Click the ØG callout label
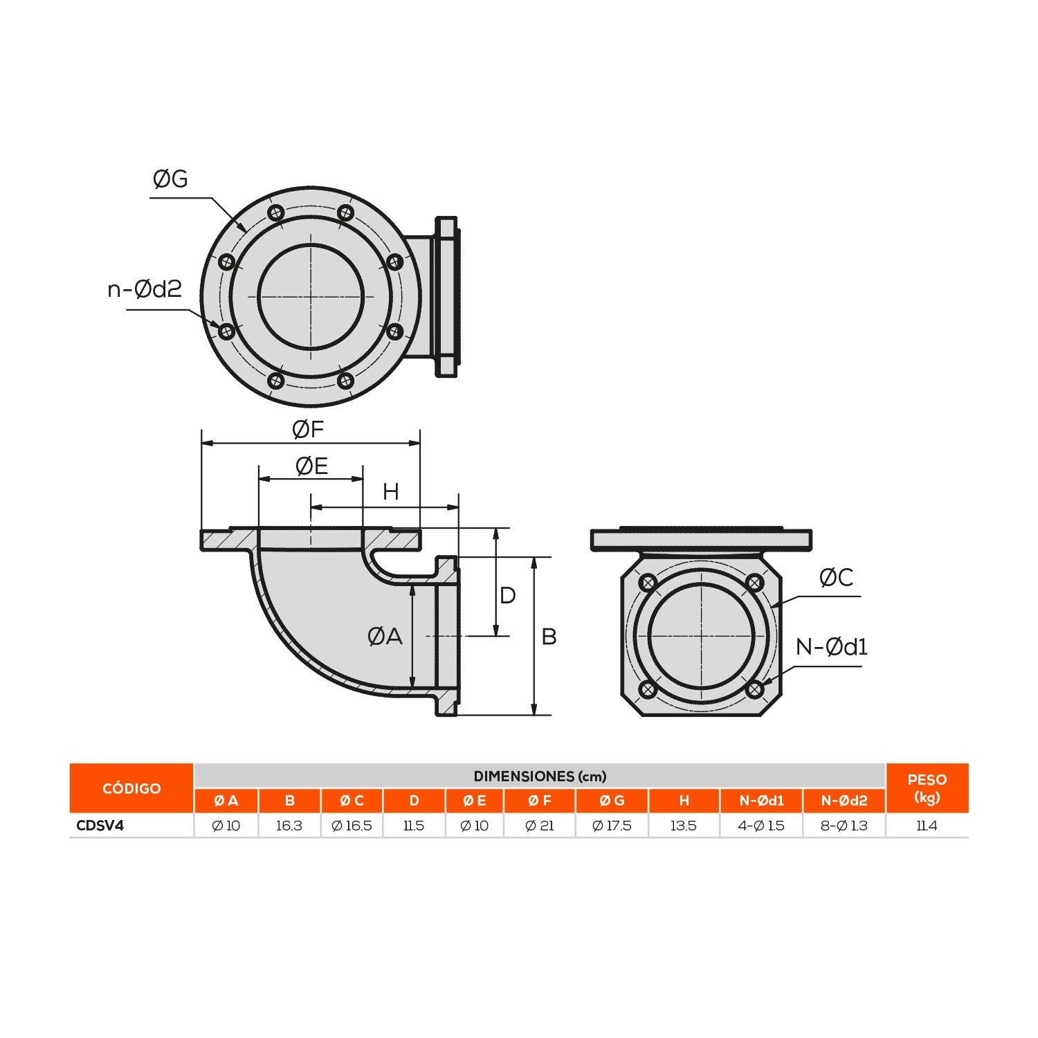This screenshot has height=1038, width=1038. tap(170, 179)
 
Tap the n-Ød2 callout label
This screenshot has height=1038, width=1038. tap(145, 289)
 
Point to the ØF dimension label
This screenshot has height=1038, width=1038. tap(308, 430)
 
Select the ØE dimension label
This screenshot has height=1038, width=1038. tap(311, 466)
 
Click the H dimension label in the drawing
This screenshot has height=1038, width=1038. tap(391, 492)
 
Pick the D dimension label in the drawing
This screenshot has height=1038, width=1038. tap(507, 595)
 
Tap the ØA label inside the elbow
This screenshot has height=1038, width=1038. tap(385, 636)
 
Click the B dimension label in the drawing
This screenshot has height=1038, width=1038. tap(549, 637)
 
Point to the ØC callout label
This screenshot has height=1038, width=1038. tap(836, 578)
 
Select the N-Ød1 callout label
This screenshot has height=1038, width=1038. tap(831, 647)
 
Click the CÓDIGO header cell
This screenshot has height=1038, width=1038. tap(131, 788)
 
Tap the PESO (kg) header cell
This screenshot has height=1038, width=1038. tap(927, 788)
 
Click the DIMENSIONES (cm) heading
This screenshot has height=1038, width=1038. tap(540, 776)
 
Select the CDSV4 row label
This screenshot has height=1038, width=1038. tap(100, 826)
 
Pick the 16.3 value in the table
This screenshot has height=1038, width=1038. tap(289, 826)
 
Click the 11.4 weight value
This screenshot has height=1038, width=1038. tap(927, 826)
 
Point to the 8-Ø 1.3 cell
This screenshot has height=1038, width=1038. tap(844, 826)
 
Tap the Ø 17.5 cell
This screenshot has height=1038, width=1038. tap(612, 826)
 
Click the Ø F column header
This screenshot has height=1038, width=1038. tap(540, 801)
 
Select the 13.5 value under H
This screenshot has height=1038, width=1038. tap(684, 826)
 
